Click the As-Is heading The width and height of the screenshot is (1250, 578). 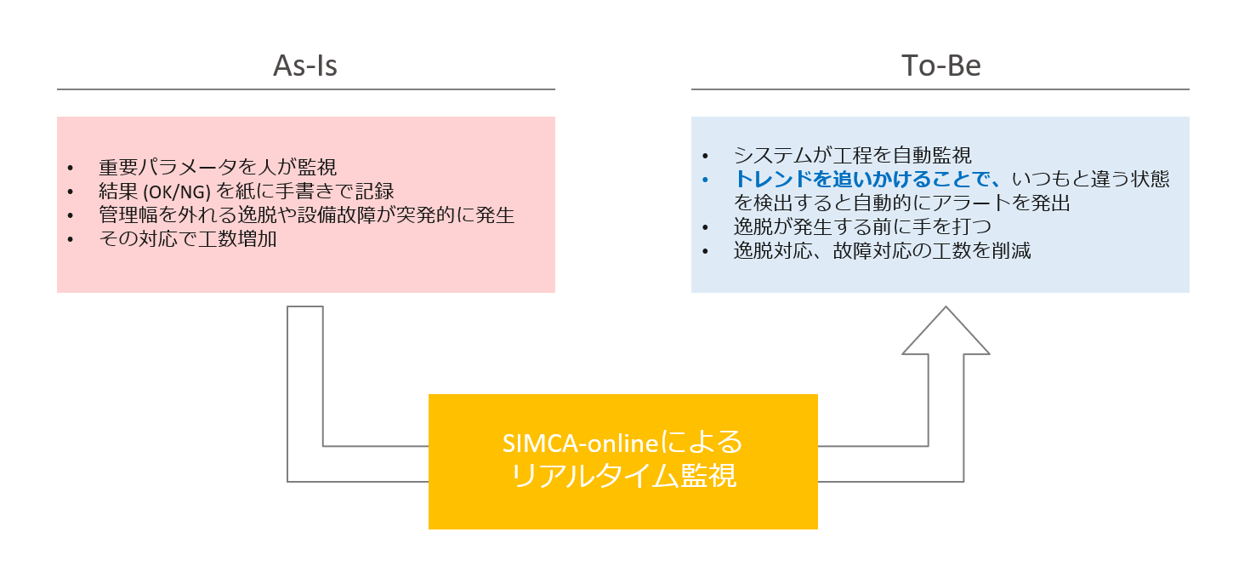tap(305, 66)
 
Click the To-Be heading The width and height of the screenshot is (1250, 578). tap(940, 66)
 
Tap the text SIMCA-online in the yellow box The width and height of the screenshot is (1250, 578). tap(579, 444)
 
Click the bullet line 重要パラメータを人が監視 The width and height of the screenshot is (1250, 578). tap(217, 168)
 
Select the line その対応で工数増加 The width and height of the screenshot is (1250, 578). tap(187, 239)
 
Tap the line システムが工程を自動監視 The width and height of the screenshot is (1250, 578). tap(852, 156)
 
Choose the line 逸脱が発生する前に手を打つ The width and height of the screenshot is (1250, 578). tap(862, 227)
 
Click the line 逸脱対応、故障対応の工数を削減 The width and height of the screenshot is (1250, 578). tap(882, 251)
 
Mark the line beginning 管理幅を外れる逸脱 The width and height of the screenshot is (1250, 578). tap(306, 215)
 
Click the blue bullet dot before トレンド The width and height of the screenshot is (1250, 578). tap(706, 180)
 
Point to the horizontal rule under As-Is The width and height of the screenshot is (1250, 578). tap(305, 89)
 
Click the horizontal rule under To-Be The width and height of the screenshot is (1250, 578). tap(940, 89)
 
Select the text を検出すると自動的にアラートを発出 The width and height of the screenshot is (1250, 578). tap(901, 203)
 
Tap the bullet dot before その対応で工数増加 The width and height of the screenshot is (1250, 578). tap(71, 240)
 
